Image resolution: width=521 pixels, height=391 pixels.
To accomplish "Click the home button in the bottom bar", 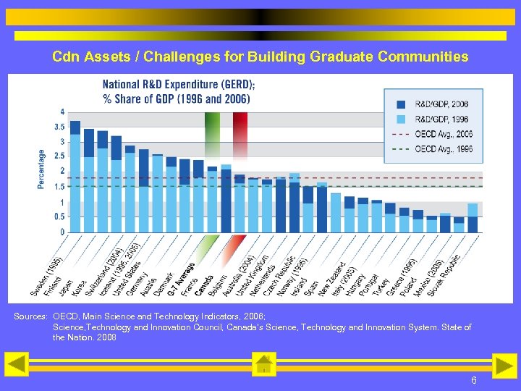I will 263,365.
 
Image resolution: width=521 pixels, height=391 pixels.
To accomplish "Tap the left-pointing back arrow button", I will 17,365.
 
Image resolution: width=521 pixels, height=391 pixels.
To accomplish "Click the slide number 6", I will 473,380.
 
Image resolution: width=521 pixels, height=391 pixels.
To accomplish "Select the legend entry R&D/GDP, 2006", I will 441,104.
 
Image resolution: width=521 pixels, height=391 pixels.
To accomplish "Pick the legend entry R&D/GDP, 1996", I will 441,119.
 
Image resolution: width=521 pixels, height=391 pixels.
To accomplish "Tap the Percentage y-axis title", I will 41,169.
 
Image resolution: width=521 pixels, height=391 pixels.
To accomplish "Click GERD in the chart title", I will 236,84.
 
